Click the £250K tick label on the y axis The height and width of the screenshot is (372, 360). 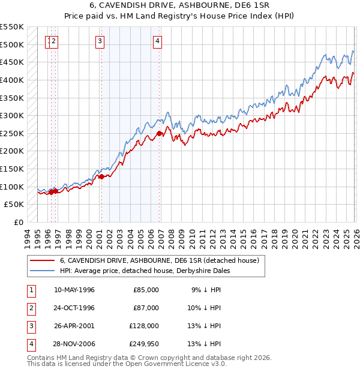point(12,133)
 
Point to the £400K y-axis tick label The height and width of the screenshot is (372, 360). point(12,80)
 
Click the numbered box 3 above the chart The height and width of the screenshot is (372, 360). point(100,41)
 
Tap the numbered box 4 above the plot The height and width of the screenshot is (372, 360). point(157,41)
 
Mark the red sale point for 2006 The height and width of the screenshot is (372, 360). point(159,133)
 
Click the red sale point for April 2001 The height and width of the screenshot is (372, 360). point(101,176)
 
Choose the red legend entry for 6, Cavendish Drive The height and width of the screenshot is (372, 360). point(159,260)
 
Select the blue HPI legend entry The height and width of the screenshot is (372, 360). point(145,271)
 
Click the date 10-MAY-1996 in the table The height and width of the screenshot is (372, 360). point(74,290)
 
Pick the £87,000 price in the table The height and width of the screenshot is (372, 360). point(146,307)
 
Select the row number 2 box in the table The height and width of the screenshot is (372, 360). point(29,307)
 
